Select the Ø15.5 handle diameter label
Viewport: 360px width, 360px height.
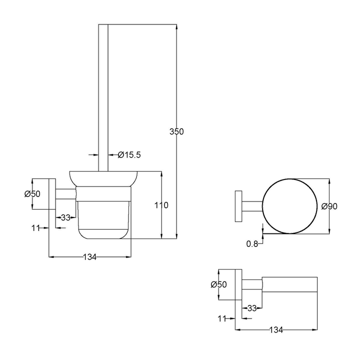[x=129, y=155]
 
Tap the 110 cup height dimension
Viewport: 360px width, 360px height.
[x=161, y=205]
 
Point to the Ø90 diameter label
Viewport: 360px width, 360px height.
[x=330, y=206]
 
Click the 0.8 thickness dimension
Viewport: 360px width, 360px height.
[x=252, y=244]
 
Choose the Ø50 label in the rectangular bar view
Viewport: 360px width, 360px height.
[x=218, y=284]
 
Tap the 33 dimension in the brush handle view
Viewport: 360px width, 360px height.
[x=65, y=217]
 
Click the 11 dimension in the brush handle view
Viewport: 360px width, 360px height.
[x=35, y=228]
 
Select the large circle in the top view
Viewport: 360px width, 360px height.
[x=290, y=205]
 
